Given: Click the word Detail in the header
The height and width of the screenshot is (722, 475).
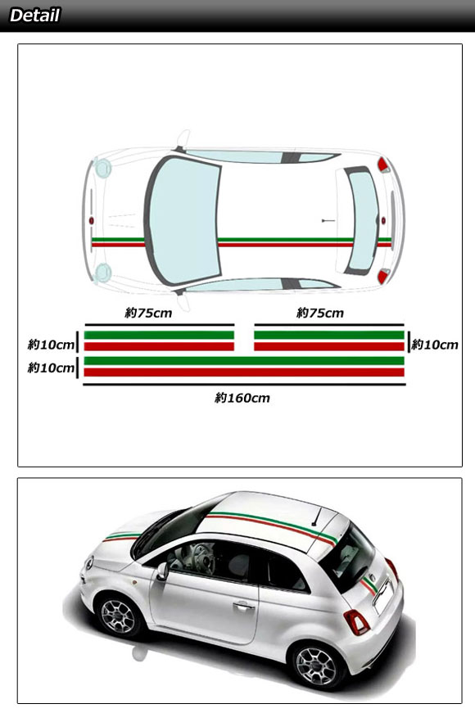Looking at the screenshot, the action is pyautogui.click(x=34, y=16).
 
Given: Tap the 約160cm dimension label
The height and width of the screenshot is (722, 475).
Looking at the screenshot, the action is pyautogui.click(x=242, y=398).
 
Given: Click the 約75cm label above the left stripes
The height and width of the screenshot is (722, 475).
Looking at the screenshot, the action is pyautogui.click(x=148, y=313).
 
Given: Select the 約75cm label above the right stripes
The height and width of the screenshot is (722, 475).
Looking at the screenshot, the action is pyautogui.click(x=319, y=313).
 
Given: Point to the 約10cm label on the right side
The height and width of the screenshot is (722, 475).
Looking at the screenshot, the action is pyautogui.click(x=434, y=345).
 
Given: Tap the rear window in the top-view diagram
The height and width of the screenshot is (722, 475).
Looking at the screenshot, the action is pyautogui.click(x=363, y=220).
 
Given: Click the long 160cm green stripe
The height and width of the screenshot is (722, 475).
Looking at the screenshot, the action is pyautogui.click(x=244, y=360).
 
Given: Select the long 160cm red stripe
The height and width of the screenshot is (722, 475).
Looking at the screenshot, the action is pyautogui.click(x=244, y=372).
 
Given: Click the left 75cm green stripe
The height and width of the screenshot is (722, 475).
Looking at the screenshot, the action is pyautogui.click(x=159, y=336).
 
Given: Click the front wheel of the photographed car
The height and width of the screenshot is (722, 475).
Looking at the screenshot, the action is pyautogui.click(x=118, y=616).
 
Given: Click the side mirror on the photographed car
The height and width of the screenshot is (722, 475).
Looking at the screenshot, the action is pyautogui.click(x=162, y=571).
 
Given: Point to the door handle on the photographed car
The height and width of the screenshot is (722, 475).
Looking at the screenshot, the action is pyautogui.click(x=243, y=606).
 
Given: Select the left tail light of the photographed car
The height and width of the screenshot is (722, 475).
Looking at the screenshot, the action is pyautogui.click(x=356, y=622).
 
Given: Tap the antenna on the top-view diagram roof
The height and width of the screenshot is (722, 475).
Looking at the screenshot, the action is pyautogui.click(x=328, y=221).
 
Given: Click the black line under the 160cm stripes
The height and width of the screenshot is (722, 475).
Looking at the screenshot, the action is pyautogui.click(x=244, y=385).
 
